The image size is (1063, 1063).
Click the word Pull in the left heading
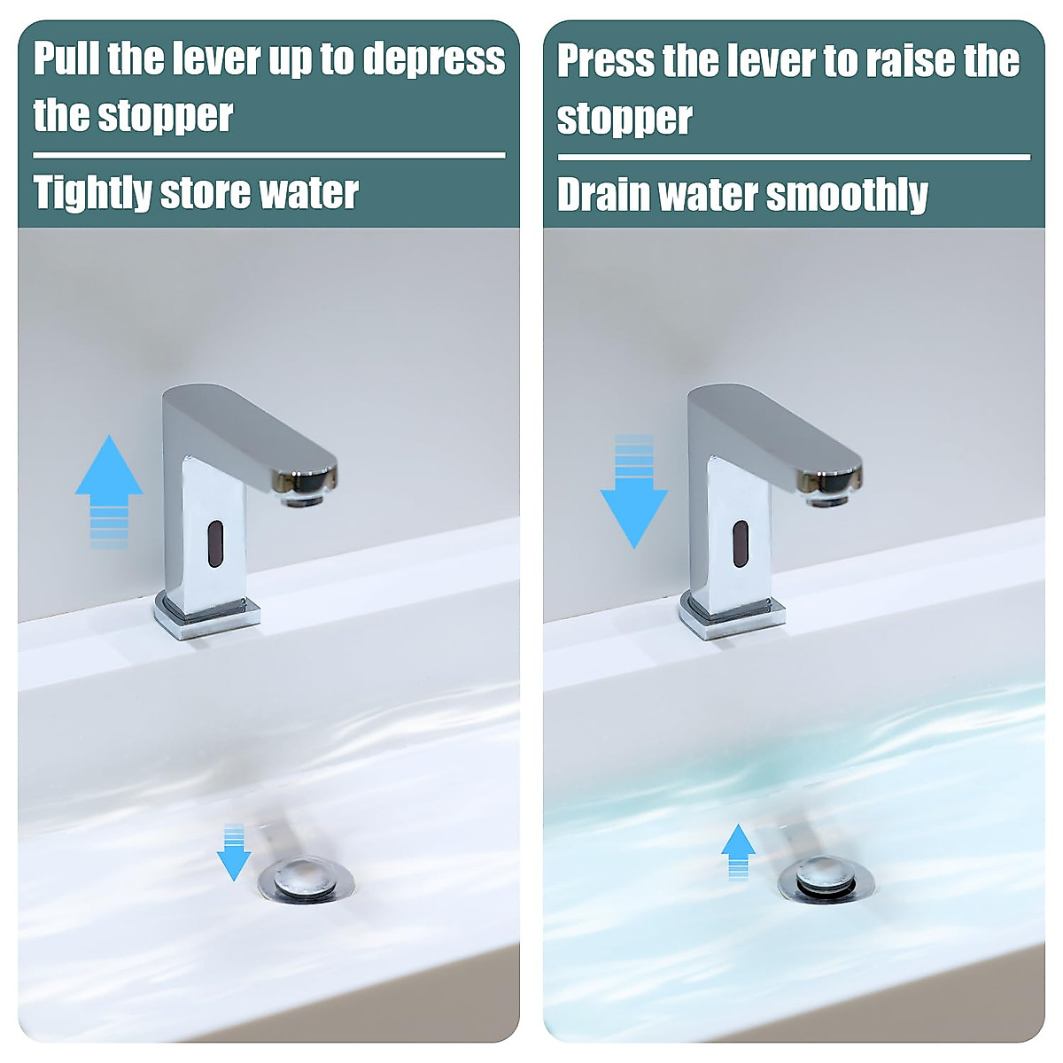pyautogui.click(x=67, y=58)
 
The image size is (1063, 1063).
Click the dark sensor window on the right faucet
pyautogui.click(x=741, y=544)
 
